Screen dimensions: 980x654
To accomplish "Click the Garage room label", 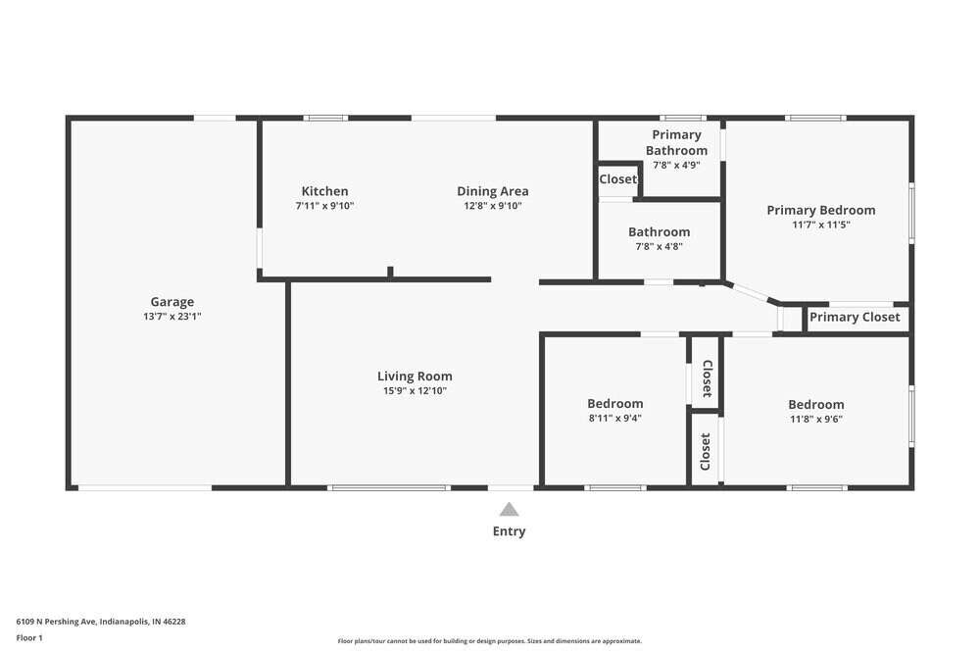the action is coord(171,302).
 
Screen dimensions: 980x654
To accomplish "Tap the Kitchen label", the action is coord(324,191).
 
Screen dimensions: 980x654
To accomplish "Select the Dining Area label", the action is coord(493,191).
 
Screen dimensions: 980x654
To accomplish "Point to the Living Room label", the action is coord(415,376).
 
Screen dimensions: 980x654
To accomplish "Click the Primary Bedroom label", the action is coord(821,210).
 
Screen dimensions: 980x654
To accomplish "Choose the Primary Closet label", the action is coord(855,317).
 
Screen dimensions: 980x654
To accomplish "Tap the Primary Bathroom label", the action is coord(676,142).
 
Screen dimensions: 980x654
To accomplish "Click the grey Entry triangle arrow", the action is coord(509,509).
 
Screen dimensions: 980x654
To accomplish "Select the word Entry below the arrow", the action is coord(509,531).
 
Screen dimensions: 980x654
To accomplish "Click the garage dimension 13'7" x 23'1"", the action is coord(171,317).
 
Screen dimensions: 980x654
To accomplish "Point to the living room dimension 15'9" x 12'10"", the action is coord(415,390).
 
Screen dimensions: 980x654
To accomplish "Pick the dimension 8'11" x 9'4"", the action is coord(615,418).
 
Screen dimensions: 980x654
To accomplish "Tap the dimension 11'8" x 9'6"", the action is coord(816,419).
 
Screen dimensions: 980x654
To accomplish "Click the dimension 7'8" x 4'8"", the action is coord(660,246).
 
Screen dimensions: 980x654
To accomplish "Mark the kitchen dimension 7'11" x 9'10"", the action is coord(324,206).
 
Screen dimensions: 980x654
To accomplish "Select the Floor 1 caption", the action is coord(29,637).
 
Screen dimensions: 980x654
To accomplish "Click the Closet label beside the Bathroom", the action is coord(618,179).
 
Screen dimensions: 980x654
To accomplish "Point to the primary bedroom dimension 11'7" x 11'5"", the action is coord(821,225).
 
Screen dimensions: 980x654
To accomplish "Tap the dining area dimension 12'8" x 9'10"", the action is coord(493,206).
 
